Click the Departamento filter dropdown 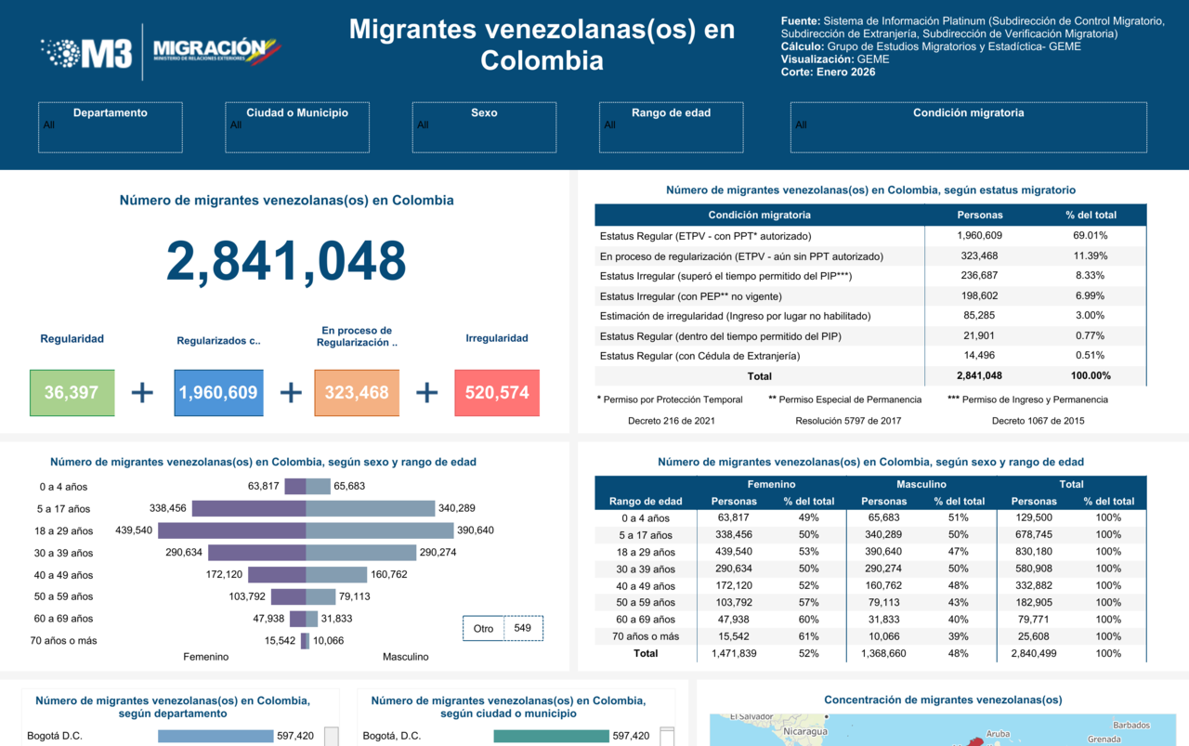click(111, 127)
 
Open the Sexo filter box click(484, 127)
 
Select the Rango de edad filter click(671, 127)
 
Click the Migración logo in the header click(216, 51)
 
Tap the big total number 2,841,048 click(286, 261)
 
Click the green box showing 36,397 click(72, 392)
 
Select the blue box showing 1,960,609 click(218, 392)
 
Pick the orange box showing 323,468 click(357, 392)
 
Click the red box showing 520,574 click(497, 392)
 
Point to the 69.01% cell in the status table click(1090, 236)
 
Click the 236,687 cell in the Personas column click(979, 276)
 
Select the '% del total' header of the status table click(1091, 215)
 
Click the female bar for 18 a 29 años click(231, 530)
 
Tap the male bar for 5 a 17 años click(370, 508)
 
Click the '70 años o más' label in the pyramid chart click(63, 640)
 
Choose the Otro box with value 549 click(503, 628)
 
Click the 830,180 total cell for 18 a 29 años click(1034, 552)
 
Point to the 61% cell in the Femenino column click(808, 636)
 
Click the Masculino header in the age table click(921, 484)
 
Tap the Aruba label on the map click(998, 733)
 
